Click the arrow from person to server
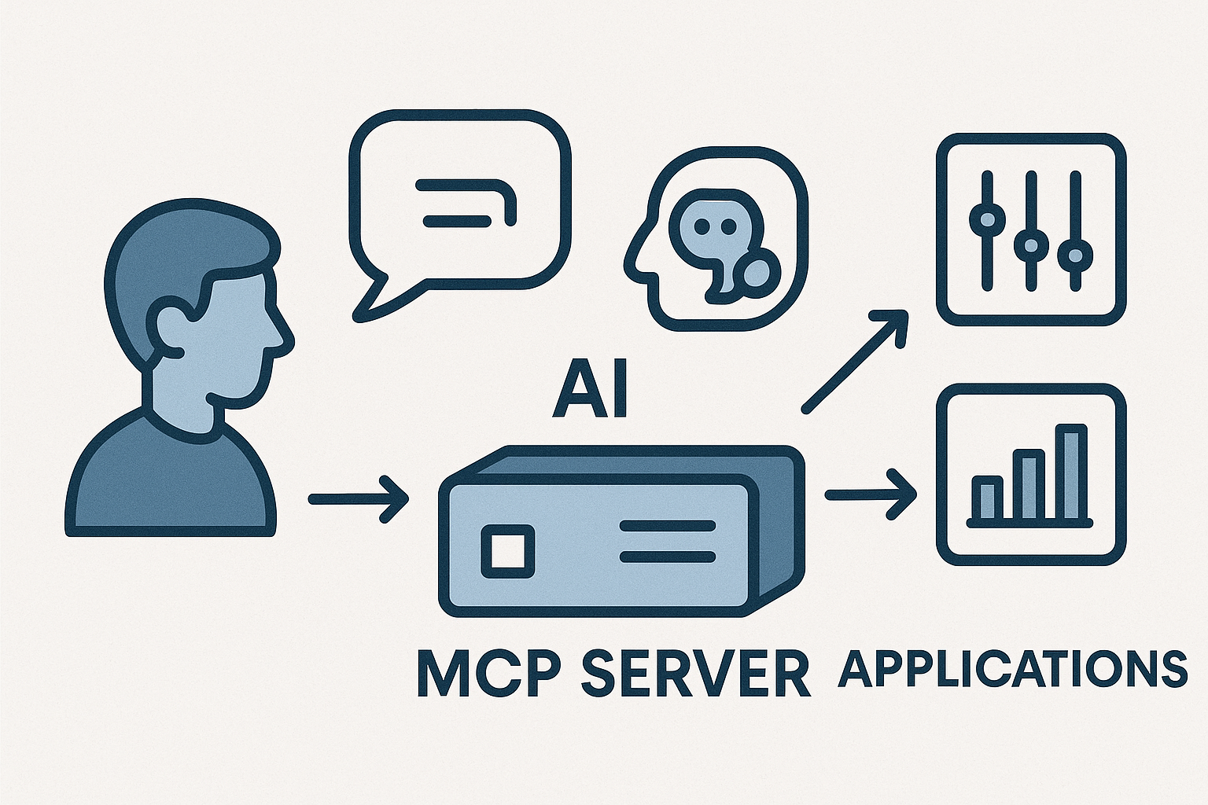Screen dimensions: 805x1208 pos(358,498)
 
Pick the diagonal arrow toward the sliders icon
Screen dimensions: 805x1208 pos(853,362)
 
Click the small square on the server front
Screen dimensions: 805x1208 pos(507,548)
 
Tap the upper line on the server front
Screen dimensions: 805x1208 pos(668,525)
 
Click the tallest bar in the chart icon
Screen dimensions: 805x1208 pos(1070,473)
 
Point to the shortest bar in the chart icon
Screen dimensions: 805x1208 pos(987,498)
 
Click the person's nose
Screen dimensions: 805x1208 pos(281,334)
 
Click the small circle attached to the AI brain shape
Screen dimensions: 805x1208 pos(758,271)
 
